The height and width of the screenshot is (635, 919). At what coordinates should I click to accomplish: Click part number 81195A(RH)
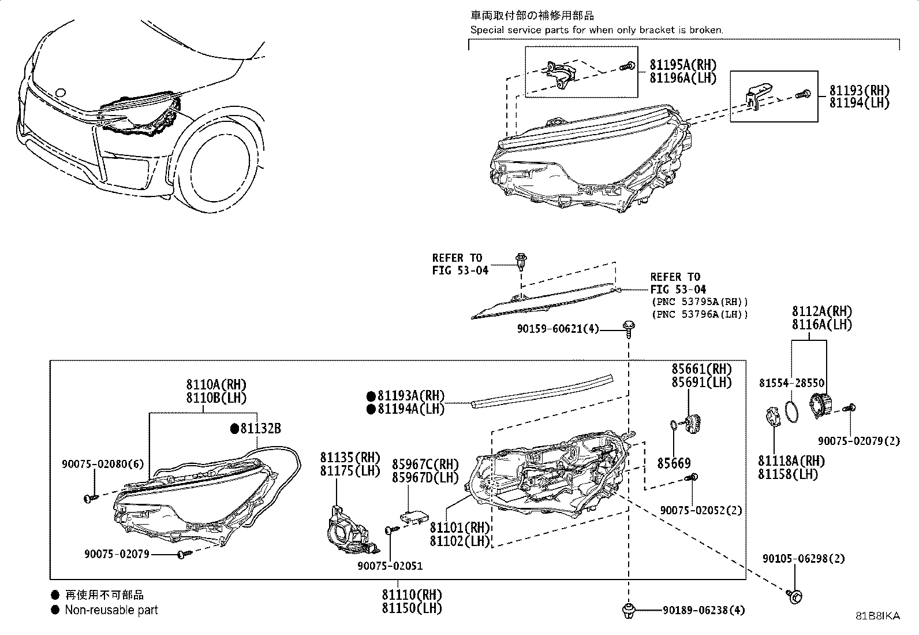click(683, 65)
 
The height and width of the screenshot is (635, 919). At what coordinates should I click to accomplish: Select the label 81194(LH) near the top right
click(859, 103)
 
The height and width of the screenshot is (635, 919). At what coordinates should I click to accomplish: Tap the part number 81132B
click(260, 428)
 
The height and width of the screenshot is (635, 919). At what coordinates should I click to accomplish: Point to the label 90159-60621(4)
click(558, 329)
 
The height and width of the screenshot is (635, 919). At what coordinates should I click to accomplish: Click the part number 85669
click(674, 463)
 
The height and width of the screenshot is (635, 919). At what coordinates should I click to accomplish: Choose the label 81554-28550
click(791, 383)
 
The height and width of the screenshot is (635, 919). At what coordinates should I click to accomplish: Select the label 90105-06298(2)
click(804, 559)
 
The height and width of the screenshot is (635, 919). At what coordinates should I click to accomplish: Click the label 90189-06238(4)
click(704, 610)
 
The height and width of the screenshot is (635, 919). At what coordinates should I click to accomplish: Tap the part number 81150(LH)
click(412, 608)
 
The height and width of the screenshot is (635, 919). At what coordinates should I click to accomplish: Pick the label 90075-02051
click(390, 566)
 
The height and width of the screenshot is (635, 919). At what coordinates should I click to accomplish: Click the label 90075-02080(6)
click(103, 464)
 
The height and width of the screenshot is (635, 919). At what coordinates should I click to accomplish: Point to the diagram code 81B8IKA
click(877, 616)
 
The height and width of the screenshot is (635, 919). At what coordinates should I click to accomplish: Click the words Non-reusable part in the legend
click(111, 610)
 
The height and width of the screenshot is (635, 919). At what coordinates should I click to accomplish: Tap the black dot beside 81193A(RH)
click(371, 396)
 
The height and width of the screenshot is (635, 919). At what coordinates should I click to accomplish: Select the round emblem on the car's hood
click(60, 92)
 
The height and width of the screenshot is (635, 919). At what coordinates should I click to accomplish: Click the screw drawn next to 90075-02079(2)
click(849, 409)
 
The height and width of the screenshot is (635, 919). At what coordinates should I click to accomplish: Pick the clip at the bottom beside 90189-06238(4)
click(629, 610)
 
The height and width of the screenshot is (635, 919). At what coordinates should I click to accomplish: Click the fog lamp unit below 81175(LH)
click(351, 530)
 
